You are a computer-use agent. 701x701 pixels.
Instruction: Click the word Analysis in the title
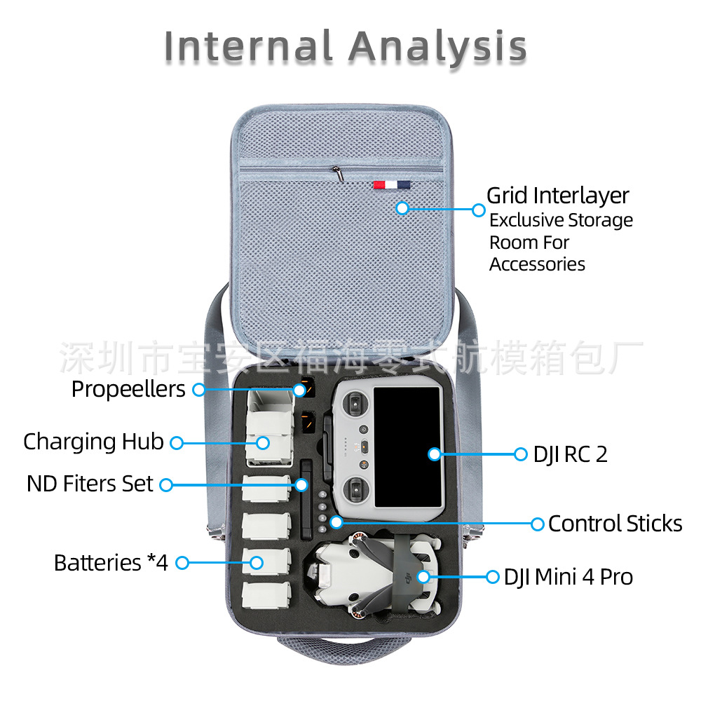click(x=437, y=47)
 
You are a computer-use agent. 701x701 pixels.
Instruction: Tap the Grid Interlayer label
click(x=558, y=196)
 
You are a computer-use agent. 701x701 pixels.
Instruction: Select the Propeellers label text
click(x=128, y=389)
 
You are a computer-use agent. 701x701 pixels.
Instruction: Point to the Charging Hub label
click(x=93, y=442)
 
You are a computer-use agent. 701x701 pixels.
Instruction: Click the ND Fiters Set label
click(x=90, y=484)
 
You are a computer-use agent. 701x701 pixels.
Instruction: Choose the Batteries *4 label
click(x=111, y=562)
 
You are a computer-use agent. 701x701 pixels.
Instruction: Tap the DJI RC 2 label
click(x=570, y=454)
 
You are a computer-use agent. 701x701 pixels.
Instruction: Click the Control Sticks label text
click(x=615, y=524)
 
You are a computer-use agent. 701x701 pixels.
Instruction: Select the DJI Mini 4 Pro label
click(x=568, y=577)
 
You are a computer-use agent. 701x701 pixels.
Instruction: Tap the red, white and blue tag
click(x=391, y=184)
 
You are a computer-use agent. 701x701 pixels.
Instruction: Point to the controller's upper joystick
click(x=356, y=404)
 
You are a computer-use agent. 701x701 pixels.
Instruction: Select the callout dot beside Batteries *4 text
click(x=182, y=562)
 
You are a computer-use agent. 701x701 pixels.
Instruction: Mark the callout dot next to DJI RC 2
click(x=520, y=454)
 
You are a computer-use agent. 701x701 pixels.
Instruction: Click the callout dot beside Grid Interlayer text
click(x=479, y=210)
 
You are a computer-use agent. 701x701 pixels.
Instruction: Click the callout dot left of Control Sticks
click(x=537, y=524)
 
